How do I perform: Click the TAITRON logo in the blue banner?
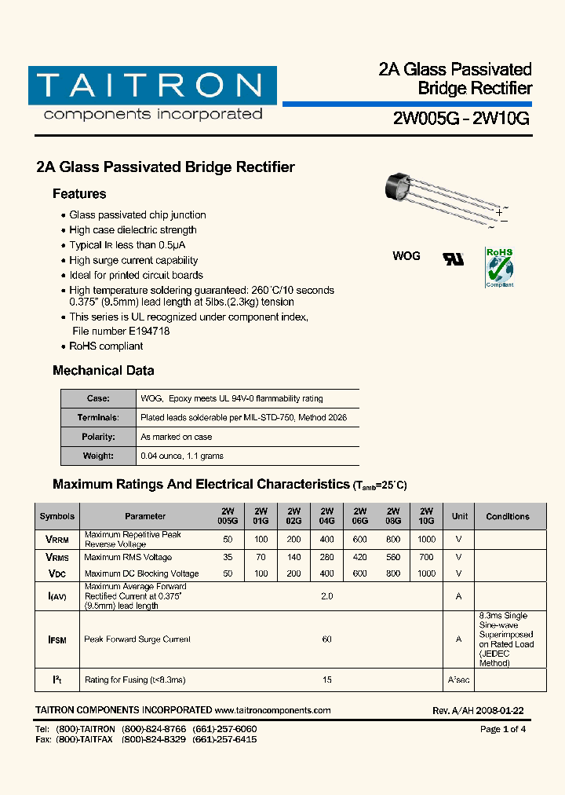(152, 86)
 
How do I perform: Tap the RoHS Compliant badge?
(499, 267)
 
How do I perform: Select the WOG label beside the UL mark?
(406, 256)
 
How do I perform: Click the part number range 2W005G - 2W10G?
(461, 119)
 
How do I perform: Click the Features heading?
(79, 194)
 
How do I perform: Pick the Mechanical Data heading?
(103, 371)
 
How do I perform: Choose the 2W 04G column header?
(326, 516)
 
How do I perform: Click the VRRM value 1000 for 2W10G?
(426, 540)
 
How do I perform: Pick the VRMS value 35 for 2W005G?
(228, 557)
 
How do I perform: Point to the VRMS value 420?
(360, 557)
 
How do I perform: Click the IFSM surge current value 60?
(326, 639)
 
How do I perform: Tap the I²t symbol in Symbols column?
(57, 679)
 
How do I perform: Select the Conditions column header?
(508, 516)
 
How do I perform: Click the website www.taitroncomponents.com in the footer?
(272, 710)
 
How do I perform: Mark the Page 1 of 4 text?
(502, 729)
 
